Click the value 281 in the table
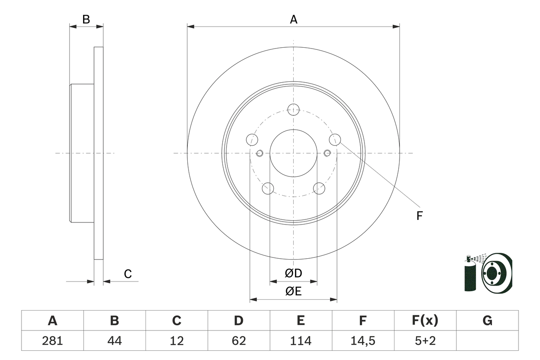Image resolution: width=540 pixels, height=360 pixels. (52, 341)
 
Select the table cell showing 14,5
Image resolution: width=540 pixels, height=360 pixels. (363, 341)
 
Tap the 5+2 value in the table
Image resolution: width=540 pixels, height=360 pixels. (425, 341)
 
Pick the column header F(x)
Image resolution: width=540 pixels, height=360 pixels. (425, 321)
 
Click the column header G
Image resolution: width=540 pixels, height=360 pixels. (487, 321)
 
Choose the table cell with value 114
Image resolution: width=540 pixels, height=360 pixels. (301, 341)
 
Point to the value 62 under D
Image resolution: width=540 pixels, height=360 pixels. (239, 341)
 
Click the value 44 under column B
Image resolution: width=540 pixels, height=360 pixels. (114, 341)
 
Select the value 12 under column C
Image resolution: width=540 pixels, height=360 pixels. (176, 341)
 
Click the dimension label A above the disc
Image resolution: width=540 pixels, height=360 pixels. (293, 19)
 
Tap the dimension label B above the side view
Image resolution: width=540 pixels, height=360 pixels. (86, 19)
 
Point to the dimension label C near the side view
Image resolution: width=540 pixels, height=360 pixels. (128, 274)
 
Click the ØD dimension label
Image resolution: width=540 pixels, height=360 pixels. (294, 273)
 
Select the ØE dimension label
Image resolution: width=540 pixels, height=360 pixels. (294, 291)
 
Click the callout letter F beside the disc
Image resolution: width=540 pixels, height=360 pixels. (419, 216)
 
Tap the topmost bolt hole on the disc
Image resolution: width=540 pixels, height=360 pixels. (293, 109)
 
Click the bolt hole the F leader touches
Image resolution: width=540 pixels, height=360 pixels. (335, 139)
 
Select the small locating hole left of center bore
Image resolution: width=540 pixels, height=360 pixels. (259, 153)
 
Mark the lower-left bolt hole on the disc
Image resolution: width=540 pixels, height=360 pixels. (268, 188)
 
